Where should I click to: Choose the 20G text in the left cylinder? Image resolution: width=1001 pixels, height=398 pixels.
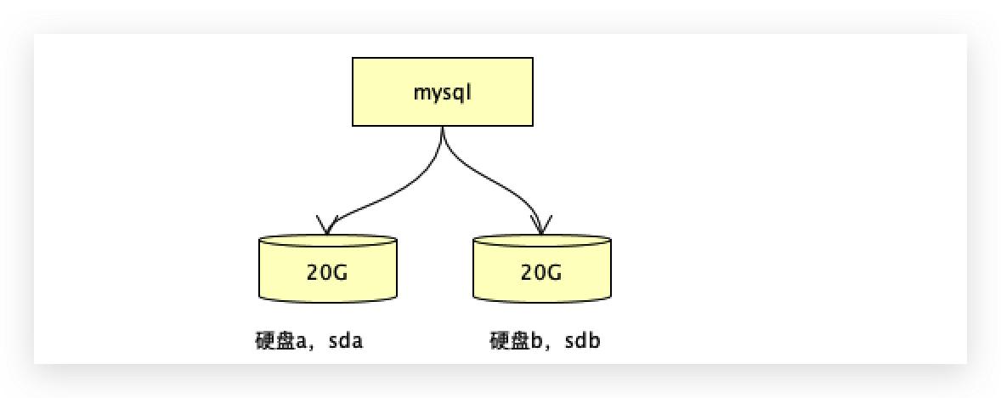point(327,273)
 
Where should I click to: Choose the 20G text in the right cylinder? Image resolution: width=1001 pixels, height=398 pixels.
point(541,273)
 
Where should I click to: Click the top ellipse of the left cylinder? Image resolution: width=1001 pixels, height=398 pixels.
point(327,242)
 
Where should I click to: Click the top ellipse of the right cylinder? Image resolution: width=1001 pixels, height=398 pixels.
point(541,242)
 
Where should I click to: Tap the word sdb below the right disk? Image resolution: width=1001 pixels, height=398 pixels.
point(584,342)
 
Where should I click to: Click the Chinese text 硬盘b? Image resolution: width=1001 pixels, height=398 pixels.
point(518,342)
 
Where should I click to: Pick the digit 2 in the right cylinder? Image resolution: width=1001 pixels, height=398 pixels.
point(528,273)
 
